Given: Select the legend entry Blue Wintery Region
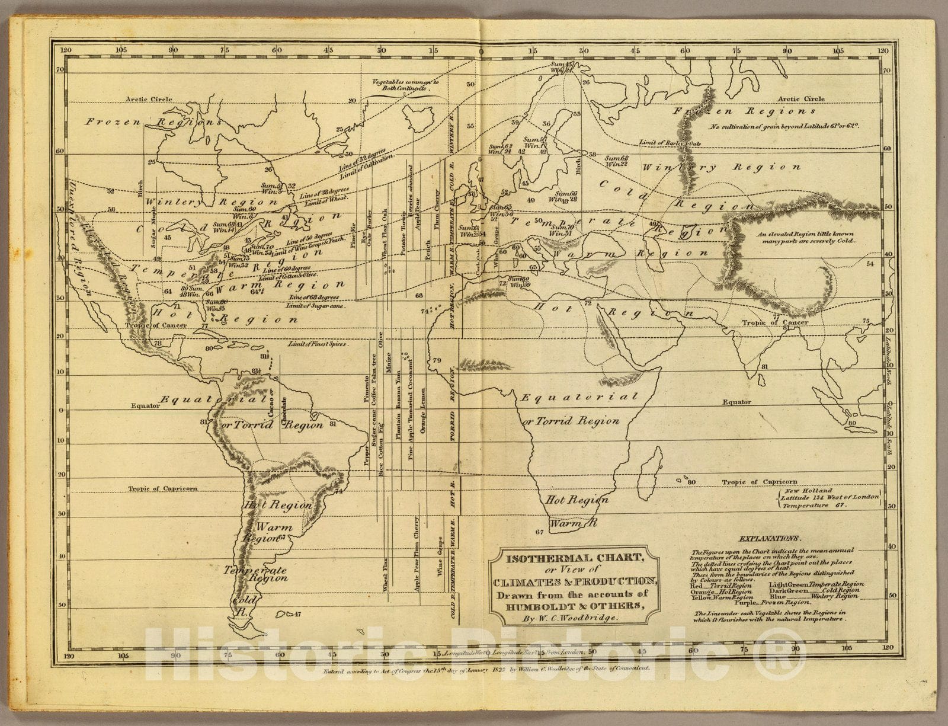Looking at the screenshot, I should tap(816, 596).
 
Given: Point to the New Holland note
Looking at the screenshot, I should tap(816, 498).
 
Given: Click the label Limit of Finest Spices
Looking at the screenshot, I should tap(318, 344).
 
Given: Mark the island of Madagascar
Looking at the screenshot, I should tap(651, 462).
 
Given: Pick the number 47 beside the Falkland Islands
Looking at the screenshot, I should tap(297, 614).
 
